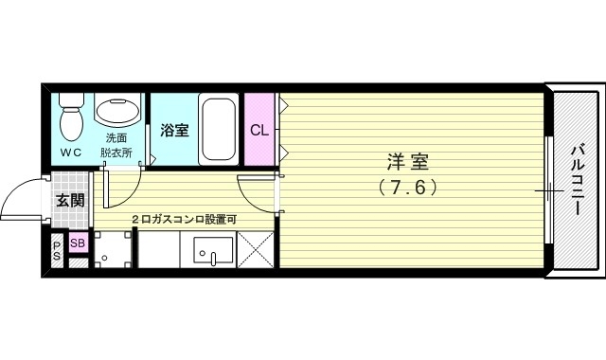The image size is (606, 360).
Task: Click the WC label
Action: click(x=71, y=153)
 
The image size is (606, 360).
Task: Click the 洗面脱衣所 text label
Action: click(x=118, y=145)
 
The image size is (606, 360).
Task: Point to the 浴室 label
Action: click(x=173, y=131)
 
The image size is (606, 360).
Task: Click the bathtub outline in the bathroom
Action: click(x=219, y=129)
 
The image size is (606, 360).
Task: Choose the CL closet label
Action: click(x=258, y=130)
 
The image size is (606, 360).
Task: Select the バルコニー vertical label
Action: click(x=577, y=180)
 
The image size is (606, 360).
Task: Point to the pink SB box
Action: click(x=77, y=244)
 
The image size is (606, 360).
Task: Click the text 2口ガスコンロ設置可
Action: click(x=184, y=220)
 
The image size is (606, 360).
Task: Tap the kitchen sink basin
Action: click(x=213, y=251)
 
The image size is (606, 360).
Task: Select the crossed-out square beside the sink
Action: click(x=256, y=251)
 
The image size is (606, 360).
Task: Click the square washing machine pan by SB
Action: click(x=115, y=251)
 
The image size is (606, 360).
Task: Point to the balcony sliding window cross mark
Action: click(x=549, y=191)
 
